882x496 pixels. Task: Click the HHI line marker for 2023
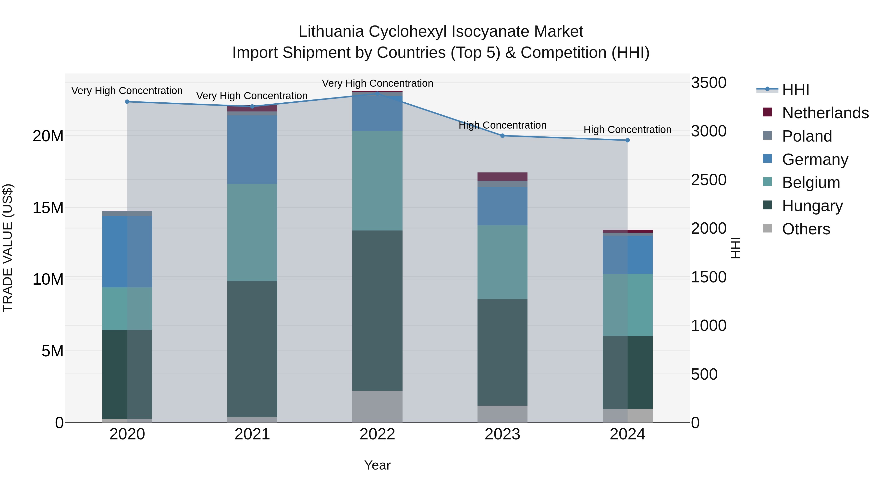(x=502, y=135)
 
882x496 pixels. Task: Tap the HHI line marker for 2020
(x=127, y=102)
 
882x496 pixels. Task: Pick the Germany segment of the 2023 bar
(x=502, y=206)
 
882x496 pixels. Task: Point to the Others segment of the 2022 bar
(x=377, y=406)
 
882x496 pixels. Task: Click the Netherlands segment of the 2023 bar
(x=502, y=176)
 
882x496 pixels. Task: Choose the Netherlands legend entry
(x=825, y=113)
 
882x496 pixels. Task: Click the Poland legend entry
(x=807, y=136)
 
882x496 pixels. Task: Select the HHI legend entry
(x=795, y=90)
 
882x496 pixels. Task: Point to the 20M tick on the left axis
(x=48, y=136)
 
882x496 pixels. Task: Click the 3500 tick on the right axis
(x=708, y=83)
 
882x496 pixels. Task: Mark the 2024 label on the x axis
(x=627, y=434)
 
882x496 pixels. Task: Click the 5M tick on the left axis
(x=52, y=351)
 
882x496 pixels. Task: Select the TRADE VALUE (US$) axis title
(x=8, y=248)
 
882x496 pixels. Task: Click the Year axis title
(x=377, y=465)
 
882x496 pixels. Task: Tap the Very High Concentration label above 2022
(x=377, y=83)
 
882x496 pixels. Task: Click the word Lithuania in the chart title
(x=331, y=32)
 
